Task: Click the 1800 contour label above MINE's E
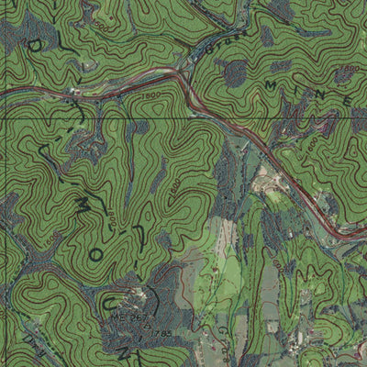coord(349,68)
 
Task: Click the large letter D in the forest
coord(34,46)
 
